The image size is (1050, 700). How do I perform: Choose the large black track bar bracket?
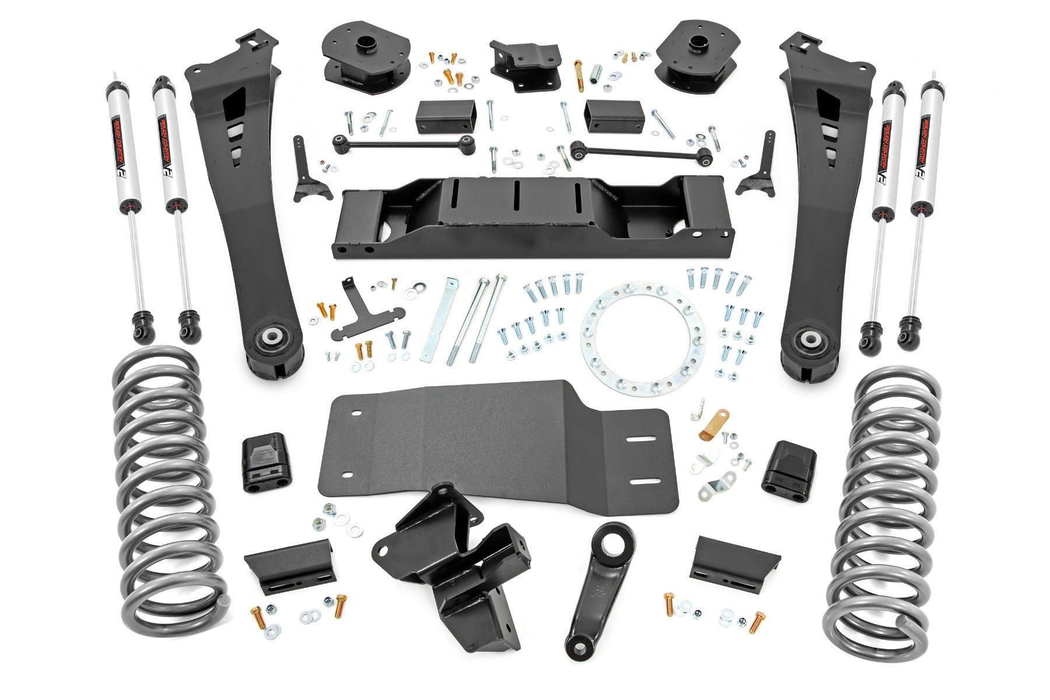point(455,560)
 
